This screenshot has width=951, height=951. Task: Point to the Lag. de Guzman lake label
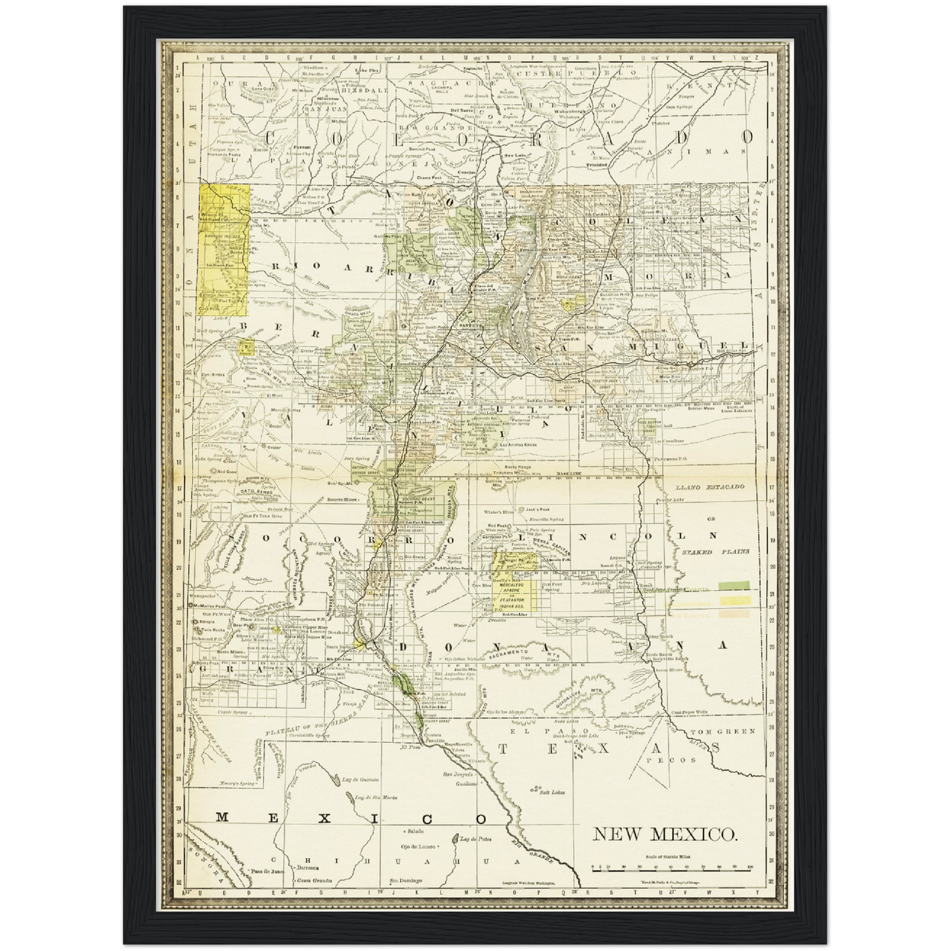360,780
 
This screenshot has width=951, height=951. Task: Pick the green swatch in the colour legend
734,584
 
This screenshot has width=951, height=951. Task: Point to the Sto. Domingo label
405,881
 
